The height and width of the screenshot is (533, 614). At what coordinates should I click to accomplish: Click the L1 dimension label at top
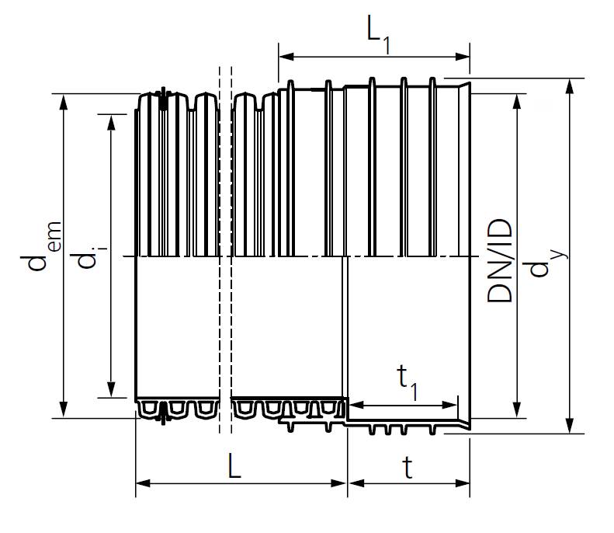click(x=379, y=34)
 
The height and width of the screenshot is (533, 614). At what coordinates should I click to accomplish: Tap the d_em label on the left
click(x=40, y=246)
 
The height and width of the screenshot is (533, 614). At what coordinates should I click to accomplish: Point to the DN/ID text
click(x=499, y=260)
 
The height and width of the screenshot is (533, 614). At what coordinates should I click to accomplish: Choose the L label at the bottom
click(x=234, y=465)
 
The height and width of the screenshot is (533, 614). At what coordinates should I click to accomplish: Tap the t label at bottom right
click(x=408, y=467)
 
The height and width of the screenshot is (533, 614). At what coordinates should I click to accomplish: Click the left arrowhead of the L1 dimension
click(x=286, y=57)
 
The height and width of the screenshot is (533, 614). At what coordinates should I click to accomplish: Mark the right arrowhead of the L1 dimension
click(x=463, y=57)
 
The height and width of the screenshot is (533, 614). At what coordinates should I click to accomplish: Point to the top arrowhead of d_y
click(x=570, y=86)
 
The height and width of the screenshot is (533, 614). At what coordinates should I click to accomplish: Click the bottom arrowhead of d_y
click(x=570, y=426)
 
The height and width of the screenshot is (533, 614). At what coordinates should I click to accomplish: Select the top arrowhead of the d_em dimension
click(x=64, y=102)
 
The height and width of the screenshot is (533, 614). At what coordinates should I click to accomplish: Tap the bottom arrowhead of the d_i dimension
click(x=112, y=389)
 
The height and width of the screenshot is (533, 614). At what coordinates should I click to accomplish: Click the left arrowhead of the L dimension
click(x=143, y=483)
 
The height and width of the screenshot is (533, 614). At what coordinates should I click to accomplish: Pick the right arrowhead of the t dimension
click(x=463, y=483)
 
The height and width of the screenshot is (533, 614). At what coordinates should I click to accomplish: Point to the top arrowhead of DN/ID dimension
click(x=517, y=102)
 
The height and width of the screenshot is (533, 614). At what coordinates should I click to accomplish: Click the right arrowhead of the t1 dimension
click(x=449, y=405)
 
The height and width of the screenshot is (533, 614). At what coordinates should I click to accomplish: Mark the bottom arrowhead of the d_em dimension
click(x=64, y=410)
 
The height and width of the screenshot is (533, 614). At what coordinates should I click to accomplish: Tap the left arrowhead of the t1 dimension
click(x=356, y=405)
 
